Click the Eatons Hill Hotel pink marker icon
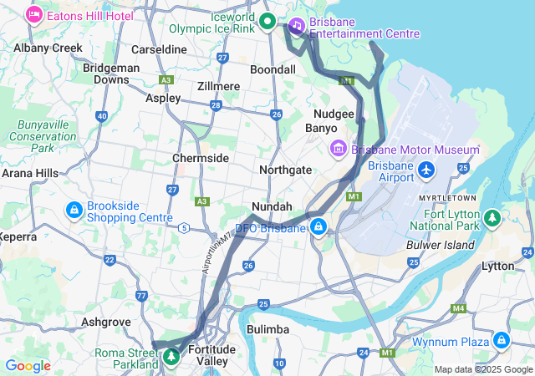point(34,14)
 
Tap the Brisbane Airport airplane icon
point(427,170)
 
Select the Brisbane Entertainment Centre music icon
point(297,26)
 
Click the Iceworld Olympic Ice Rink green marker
point(267,21)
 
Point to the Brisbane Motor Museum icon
point(339,150)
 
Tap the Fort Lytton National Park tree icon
point(493,218)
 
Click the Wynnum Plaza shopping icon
point(501,340)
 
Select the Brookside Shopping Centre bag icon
point(74,210)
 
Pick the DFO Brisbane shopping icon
point(318,226)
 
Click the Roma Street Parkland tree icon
point(171,357)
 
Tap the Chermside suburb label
point(200,158)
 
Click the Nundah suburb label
point(272,206)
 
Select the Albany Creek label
point(48,48)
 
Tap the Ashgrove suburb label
point(104,321)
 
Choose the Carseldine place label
point(159,49)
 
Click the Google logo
point(28,366)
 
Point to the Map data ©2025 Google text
point(482,369)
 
